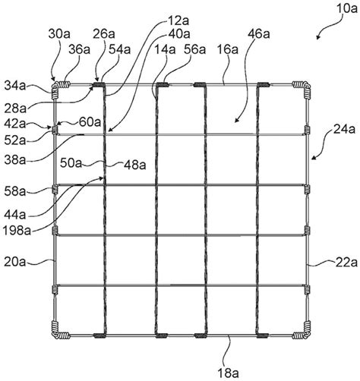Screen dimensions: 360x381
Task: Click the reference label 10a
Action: (346, 8)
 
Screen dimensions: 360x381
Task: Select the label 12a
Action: (178, 21)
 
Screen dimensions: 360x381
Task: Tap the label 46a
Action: (259, 33)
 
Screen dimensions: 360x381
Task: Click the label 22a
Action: (346, 263)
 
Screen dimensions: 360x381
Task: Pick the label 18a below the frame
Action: (228, 373)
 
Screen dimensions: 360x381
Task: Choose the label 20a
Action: (15, 262)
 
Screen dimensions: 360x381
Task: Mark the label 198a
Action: (17, 231)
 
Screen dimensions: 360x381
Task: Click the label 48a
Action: (135, 165)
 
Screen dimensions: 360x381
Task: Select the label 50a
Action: (71, 163)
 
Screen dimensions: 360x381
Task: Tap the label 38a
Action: (15, 160)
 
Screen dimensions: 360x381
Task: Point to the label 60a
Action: (90, 122)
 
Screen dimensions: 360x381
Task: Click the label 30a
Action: (59, 33)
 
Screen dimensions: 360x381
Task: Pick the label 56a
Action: (194, 50)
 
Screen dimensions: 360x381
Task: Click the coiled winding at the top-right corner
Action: (302, 89)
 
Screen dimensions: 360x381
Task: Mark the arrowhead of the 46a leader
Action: (235, 121)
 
